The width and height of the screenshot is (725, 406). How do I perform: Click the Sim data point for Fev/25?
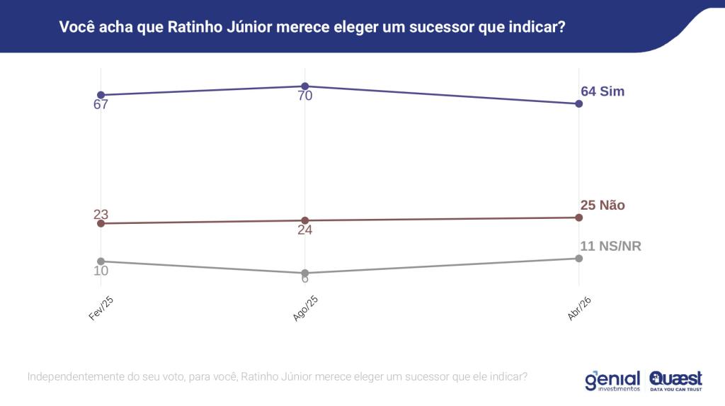click(101, 95)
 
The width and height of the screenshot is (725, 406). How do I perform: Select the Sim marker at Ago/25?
click(305, 86)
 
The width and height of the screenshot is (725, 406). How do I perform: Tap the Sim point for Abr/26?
click(579, 103)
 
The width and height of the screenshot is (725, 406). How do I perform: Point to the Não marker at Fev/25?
click(101, 223)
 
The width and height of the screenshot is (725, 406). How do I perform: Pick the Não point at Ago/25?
click(305, 220)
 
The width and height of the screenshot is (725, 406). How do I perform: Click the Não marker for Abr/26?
click(579, 218)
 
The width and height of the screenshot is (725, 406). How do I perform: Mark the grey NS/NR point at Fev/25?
click(101, 261)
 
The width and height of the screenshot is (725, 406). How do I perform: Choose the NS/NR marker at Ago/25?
click(305, 273)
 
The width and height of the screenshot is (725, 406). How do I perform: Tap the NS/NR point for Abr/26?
click(579, 258)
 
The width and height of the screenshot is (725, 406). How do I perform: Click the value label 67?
click(101, 105)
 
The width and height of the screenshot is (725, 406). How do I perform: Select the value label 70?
click(305, 96)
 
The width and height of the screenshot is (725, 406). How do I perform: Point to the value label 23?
click(101, 215)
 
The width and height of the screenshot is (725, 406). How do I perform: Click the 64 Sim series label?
click(603, 91)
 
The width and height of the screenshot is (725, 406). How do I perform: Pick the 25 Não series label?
click(603, 205)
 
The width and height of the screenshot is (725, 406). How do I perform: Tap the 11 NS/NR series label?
click(610, 247)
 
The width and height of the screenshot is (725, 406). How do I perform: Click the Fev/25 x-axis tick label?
click(102, 309)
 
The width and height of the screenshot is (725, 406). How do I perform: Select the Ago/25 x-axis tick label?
click(305, 309)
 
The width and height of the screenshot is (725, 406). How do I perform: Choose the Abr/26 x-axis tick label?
click(579, 309)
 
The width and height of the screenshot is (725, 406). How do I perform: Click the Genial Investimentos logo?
click(612, 380)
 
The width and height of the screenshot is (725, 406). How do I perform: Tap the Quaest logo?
click(675, 380)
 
